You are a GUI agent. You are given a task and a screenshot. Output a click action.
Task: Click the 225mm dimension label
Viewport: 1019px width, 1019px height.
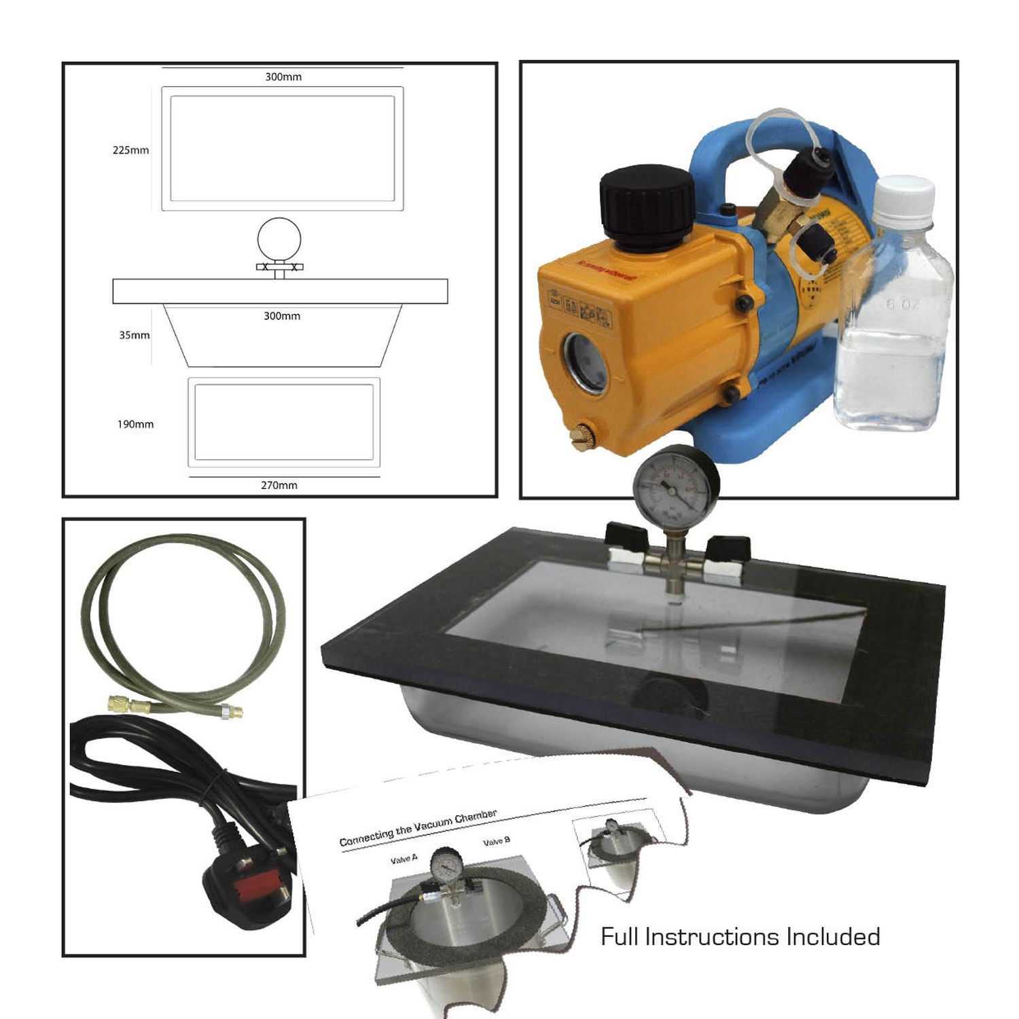point(130,150)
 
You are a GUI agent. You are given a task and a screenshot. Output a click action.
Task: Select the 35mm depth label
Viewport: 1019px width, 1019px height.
point(134,335)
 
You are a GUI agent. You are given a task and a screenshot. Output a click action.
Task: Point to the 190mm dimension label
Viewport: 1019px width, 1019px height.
point(135,425)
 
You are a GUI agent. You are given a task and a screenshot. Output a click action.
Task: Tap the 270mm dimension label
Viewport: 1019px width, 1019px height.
point(279,485)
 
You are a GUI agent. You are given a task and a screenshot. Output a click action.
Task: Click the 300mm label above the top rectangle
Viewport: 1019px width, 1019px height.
point(283,77)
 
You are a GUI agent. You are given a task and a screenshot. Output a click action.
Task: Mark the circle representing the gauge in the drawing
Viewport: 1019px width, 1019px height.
point(279,238)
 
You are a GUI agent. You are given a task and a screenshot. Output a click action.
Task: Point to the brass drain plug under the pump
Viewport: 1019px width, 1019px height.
point(584,436)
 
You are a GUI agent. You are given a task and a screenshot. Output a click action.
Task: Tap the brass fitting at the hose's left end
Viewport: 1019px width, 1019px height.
point(122,704)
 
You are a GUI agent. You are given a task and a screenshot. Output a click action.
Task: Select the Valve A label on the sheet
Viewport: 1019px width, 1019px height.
point(404,859)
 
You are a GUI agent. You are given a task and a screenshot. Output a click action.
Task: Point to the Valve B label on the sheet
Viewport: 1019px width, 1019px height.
point(497,841)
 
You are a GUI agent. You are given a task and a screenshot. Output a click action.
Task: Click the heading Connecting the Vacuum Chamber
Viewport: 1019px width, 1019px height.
point(418,828)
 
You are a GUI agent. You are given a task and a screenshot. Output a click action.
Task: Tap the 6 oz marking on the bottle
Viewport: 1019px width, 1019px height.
point(903,304)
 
